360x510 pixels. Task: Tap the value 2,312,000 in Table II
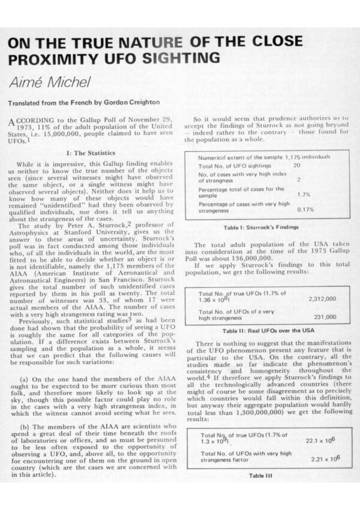tap(322, 298)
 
